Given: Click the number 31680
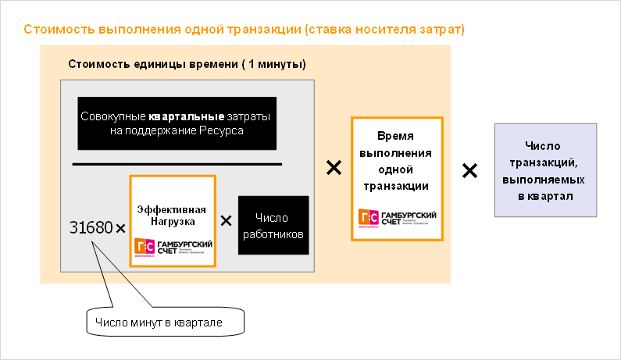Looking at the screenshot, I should point(91,228).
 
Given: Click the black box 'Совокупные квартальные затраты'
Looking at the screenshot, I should point(177,123).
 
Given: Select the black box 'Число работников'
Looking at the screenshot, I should point(273,226).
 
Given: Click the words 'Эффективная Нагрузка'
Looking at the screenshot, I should point(171,216).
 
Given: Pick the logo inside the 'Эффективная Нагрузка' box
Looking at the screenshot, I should point(173,248).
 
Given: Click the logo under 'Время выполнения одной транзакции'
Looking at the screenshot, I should point(397,218).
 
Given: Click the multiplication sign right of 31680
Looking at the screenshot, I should point(120,229).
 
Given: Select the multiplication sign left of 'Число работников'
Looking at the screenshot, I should point(227,220).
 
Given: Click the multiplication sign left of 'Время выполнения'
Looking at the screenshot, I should point(334,167).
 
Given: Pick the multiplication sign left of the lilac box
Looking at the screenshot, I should point(469,170).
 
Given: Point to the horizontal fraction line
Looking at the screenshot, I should point(177,164).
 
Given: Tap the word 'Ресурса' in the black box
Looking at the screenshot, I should point(223,131).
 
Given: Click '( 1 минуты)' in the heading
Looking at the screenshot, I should point(273,64).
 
